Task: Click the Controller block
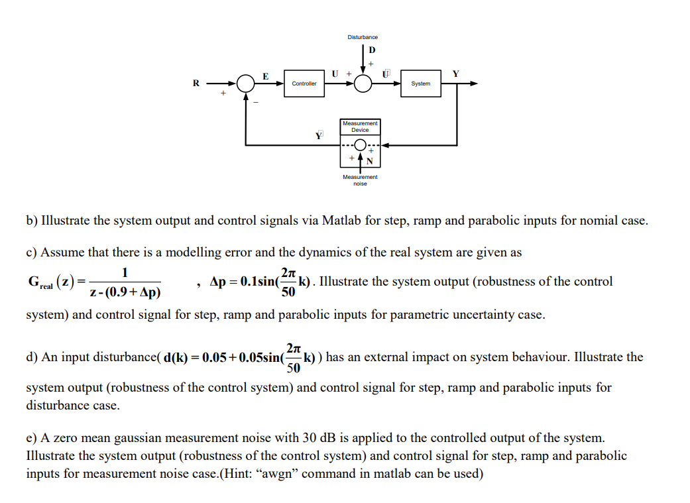point(304,84)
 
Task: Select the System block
point(420,84)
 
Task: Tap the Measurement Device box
point(360,127)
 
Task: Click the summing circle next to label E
point(246,84)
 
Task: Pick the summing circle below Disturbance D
point(363,84)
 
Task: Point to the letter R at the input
point(196,84)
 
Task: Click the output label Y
point(455,74)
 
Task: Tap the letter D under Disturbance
point(371,50)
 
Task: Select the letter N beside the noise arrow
point(370,162)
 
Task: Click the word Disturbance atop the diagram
point(363,37)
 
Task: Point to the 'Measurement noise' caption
point(360,180)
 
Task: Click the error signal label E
point(266,76)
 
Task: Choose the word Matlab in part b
point(340,221)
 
